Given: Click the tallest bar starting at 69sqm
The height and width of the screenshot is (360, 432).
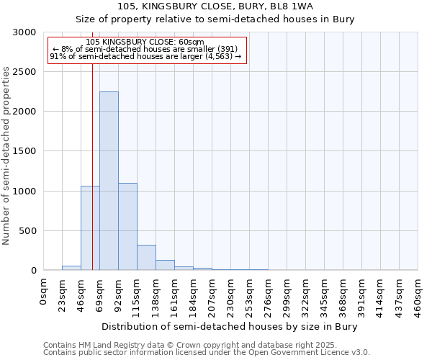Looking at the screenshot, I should tap(109, 181).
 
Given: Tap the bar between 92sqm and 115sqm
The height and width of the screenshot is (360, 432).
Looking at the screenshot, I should tap(127, 227).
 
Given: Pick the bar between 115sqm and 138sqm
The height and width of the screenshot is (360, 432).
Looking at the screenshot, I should tap(146, 258).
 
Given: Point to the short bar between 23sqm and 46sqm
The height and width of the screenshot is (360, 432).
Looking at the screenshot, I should tap(71, 268).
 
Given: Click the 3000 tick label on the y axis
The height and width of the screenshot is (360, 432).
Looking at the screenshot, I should tap(24, 32).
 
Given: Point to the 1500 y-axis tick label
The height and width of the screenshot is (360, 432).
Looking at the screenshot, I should tap(24, 152).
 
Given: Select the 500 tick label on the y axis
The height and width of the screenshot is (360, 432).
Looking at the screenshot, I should tap(27, 231).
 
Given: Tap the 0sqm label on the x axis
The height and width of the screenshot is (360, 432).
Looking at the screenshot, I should tap(43, 291).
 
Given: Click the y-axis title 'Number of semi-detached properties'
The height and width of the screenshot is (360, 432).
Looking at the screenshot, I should tap(7, 156).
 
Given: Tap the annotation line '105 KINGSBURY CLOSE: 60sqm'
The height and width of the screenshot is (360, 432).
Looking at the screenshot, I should tap(145, 42).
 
